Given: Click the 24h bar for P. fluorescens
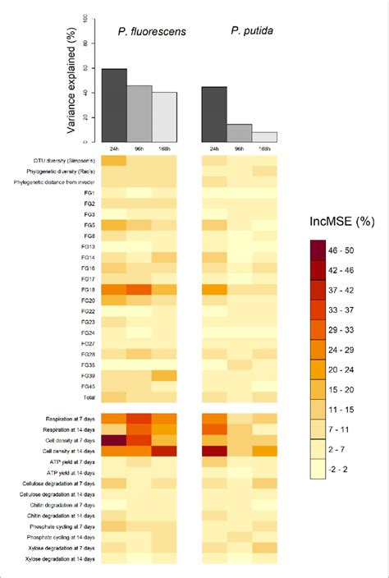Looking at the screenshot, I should click(x=113, y=105).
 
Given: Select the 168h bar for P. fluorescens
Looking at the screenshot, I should click(x=165, y=117).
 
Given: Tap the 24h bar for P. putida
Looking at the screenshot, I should click(x=214, y=114).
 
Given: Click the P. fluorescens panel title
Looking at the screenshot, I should click(x=140, y=32).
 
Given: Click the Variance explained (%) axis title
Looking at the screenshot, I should click(x=71, y=78).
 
